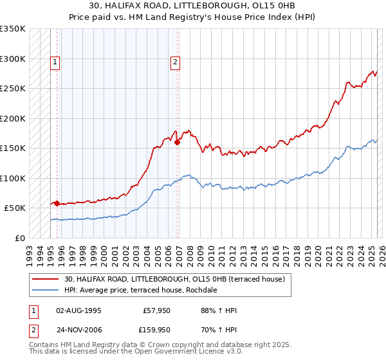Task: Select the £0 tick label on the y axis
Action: coord(19,238)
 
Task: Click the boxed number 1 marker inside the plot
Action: coord(56,62)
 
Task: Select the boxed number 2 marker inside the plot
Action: coord(174,62)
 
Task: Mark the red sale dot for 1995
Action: coord(57,204)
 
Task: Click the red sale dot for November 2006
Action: coord(177,143)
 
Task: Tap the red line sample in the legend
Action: coord(46,278)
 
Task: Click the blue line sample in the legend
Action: coord(46,290)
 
